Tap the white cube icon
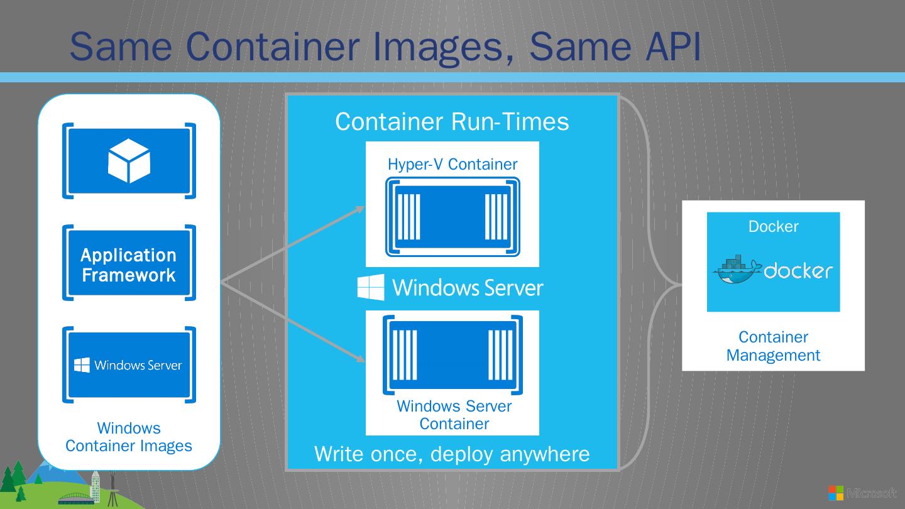click(x=129, y=161)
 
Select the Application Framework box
click(x=129, y=265)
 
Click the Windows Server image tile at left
click(x=129, y=365)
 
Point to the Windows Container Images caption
click(x=129, y=437)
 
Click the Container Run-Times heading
click(x=452, y=121)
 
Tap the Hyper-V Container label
click(x=452, y=165)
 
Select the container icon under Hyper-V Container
click(x=452, y=217)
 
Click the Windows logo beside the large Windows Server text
click(x=371, y=287)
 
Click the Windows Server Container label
click(x=454, y=415)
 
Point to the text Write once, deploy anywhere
click(x=452, y=454)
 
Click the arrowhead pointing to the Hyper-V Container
click(x=361, y=208)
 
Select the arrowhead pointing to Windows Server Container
click(x=361, y=359)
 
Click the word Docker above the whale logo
click(x=773, y=227)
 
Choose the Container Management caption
click(x=773, y=346)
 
